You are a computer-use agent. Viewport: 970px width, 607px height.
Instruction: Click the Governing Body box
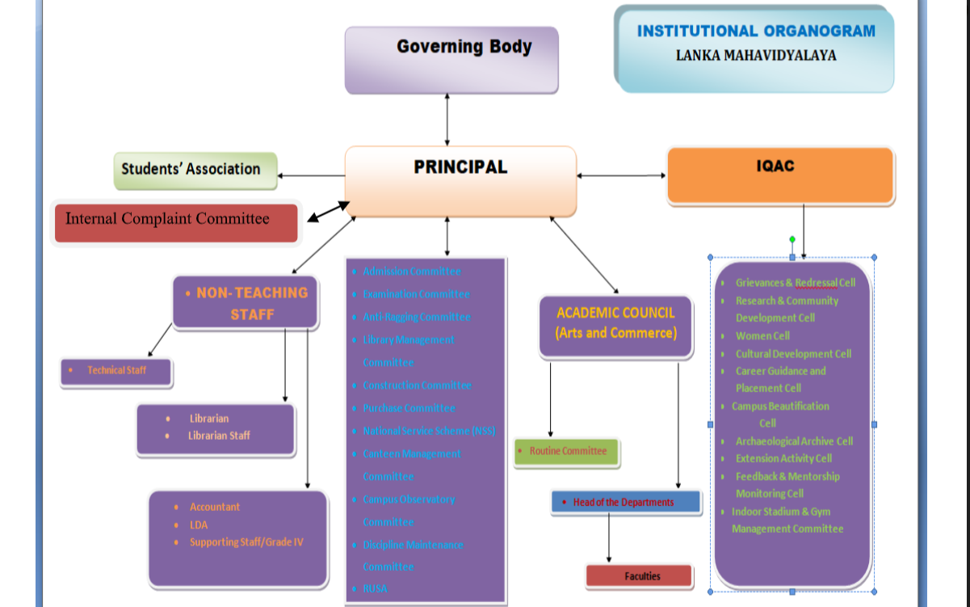point(451,59)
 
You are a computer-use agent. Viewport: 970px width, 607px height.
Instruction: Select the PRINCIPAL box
point(460,181)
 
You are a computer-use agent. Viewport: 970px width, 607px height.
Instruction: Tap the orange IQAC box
point(780,175)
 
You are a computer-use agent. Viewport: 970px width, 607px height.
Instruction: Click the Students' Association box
point(195,170)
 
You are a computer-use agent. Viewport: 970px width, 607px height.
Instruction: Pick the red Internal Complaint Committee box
point(176,223)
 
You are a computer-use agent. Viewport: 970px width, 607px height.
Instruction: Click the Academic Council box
point(615,323)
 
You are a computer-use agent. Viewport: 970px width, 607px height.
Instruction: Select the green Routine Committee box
point(567,452)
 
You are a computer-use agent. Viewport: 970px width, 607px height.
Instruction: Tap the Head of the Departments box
point(625,502)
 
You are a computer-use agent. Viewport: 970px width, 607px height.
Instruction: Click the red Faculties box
point(639,576)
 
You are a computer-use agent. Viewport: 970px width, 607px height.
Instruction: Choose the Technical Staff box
point(116,371)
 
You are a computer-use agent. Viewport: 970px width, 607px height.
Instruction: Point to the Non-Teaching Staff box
point(246,303)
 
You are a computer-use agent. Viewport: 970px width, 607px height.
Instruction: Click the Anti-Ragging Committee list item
point(416,317)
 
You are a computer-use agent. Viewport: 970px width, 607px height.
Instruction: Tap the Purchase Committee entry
point(409,408)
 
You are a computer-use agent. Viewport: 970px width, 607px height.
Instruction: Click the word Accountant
point(214,507)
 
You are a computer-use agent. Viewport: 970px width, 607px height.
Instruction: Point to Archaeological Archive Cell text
point(793,441)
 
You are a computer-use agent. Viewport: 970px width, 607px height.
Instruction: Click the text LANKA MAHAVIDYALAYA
point(755,56)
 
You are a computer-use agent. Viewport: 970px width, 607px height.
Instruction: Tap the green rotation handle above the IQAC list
point(792,239)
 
